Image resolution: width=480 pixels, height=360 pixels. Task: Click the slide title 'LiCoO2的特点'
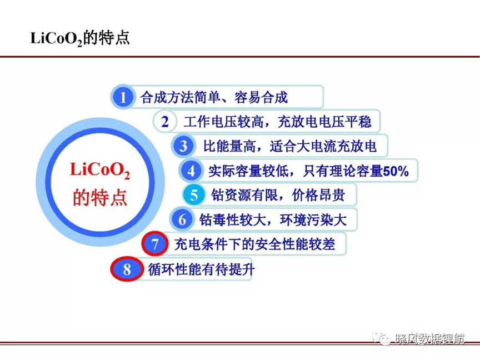(x=80, y=38)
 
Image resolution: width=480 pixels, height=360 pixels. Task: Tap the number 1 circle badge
(x=122, y=97)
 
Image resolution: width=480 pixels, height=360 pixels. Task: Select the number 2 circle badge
(x=165, y=122)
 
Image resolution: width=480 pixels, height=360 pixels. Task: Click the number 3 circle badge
(x=183, y=146)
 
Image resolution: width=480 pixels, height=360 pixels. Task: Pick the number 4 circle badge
(x=191, y=171)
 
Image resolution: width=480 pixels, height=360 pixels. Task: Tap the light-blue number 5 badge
(x=194, y=194)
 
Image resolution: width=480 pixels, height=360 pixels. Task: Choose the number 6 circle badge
(x=182, y=219)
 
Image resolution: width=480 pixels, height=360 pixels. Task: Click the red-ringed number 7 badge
(x=155, y=244)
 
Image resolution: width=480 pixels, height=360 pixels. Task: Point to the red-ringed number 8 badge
(x=127, y=269)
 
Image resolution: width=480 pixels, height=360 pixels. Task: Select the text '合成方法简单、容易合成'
(x=214, y=97)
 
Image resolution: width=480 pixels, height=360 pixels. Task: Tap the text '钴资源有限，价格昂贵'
(x=278, y=194)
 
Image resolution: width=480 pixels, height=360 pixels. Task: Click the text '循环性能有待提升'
(x=201, y=269)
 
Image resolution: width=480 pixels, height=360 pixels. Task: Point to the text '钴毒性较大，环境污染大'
(x=273, y=219)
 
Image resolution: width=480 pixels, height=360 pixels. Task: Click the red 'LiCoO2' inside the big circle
(x=100, y=170)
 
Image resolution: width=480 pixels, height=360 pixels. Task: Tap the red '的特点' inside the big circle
(x=100, y=197)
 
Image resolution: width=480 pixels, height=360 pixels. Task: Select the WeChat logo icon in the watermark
(x=382, y=338)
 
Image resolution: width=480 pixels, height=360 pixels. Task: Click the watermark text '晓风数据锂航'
(x=430, y=339)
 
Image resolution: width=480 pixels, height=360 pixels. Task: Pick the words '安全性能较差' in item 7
(x=295, y=244)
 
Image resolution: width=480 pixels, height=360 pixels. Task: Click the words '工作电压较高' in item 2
(x=223, y=122)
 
